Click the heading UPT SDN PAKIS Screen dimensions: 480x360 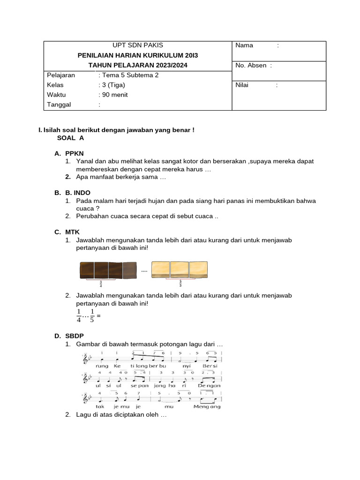tap(138, 45)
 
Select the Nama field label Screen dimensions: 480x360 tap(244, 45)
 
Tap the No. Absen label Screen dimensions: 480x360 tap(251, 66)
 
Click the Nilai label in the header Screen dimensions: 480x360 tap(242, 85)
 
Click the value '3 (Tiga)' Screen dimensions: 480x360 tap(113, 85)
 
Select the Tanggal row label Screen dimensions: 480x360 tap(59, 105)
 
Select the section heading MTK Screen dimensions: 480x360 tap(73, 232)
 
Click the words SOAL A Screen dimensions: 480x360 tap(71, 138)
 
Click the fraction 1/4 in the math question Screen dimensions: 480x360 tap(79, 316)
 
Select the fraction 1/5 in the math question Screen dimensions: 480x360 tap(92, 316)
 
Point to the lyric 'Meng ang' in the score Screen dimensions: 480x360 tap(207, 406)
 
